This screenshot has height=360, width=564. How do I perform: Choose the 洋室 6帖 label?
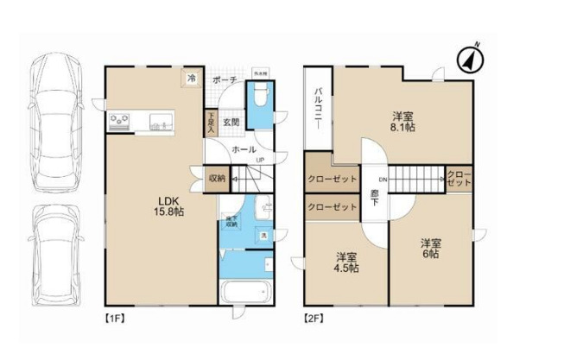click(x=430, y=248)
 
